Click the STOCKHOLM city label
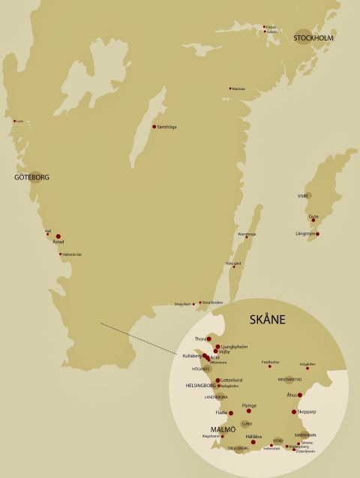point(313,38)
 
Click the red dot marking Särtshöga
point(154,126)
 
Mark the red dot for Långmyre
point(318,234)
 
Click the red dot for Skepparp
point(294,411)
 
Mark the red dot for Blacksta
point(230,89)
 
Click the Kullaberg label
point(193,356)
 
